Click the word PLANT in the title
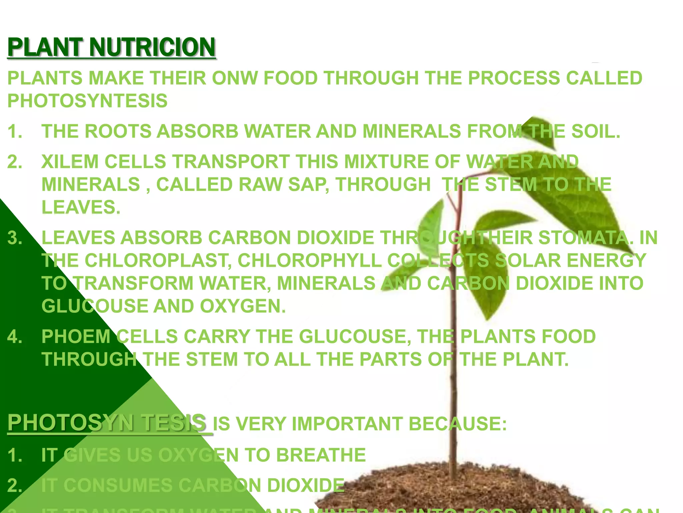pyautogui.click(x=45, y=47)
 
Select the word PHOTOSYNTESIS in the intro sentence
pyautogui.click(x=87, y=101)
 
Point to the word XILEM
pyautogui.click(x=70, y=162)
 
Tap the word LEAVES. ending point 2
pyautogui.click(x=81, y=207)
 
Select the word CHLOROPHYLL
pyautogui.click(x=309, y=261)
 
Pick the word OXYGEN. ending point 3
pyautogui.click(x=243, y=306)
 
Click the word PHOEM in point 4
pyautogui.click(x=76, y=337)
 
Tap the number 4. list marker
pyautogui.click(x=15, y=337)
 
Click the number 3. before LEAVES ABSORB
pyautogui.click(x=15, y=238)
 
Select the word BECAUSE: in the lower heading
pyautogui.click(x=458, y=424)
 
